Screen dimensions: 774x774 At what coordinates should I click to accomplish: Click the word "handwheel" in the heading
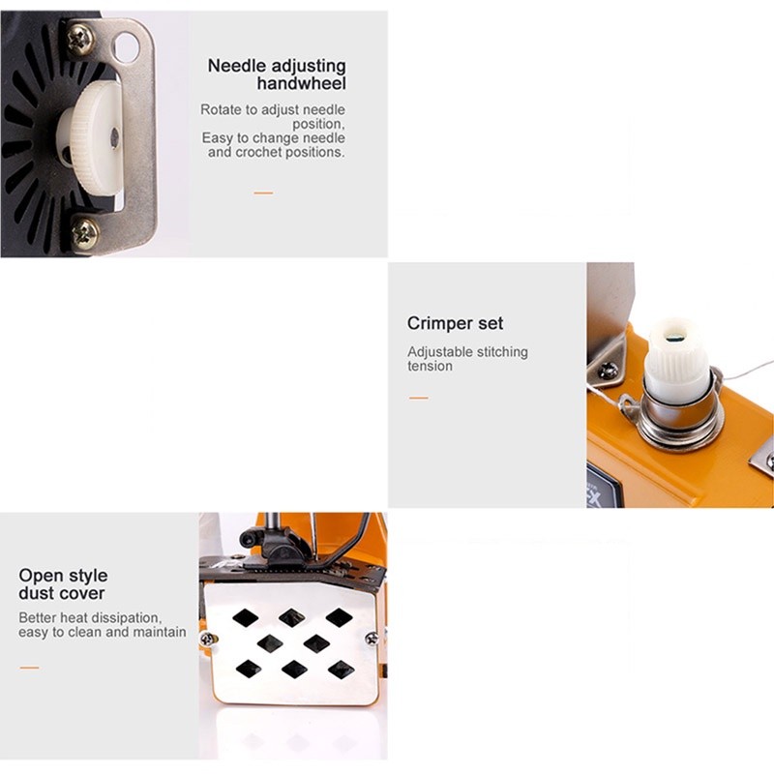click(x=301, y=83)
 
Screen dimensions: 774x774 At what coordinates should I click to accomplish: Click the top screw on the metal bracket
click(x=81, y=39)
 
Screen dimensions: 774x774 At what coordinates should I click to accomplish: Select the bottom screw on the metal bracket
click(x=85, y=232)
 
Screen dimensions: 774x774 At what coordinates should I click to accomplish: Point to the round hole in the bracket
click(x=127, y=46)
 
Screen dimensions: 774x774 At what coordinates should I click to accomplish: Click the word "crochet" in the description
click(x=258, y=152)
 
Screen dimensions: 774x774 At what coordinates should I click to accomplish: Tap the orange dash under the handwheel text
click(x=263, y=193)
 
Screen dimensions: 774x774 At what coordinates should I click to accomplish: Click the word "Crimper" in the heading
click(x=432, y=323)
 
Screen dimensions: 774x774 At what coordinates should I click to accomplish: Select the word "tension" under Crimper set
click(x=430, y=366)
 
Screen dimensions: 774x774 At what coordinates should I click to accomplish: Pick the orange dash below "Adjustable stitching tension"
click(x=419, y=398)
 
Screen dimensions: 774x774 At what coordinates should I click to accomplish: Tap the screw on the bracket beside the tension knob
click(x=609, y=370)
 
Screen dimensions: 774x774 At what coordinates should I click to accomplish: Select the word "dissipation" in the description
click(x=126, y=617)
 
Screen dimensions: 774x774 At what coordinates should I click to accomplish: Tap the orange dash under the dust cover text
click(x=29, y=668)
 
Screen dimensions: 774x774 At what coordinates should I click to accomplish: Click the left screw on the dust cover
click(x=207, y=639)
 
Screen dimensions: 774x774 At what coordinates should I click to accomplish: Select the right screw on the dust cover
click(x=372, y=639)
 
